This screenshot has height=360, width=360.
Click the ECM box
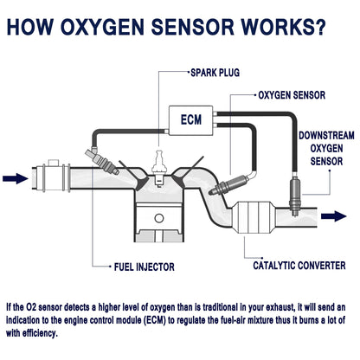click(190, 120)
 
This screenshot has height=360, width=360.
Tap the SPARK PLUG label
click(215, 73)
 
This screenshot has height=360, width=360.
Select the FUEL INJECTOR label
click(145, 267)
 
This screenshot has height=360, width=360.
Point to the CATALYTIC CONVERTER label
click(299, 266)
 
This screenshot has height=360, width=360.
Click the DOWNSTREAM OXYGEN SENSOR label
click(326, 148)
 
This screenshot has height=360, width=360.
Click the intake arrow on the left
click(16, 178)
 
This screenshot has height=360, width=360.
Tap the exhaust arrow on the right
click(334, 215)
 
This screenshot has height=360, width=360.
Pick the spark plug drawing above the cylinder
click(158, 169)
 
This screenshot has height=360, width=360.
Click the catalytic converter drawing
click(254, 217)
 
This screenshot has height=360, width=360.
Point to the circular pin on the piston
click(159, 218)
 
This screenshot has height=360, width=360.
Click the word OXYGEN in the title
click(102, 27)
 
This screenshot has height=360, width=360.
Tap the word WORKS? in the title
click(283, 27)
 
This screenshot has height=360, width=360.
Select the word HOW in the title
click(30, 27)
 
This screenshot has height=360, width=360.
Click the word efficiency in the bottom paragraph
click(40, 333)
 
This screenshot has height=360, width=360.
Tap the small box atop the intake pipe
click(54, 163)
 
